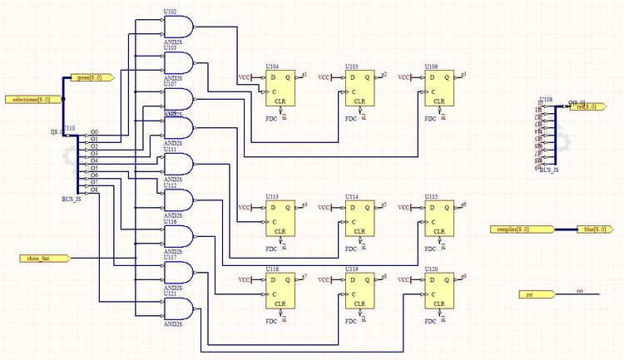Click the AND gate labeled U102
tap(180, 28)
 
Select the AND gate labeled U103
tap(180, 63)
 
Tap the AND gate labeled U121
tap(180, 308)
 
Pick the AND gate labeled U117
tap(180, 272)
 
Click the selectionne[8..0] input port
tap(33, 100)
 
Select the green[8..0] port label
tap(83, 78)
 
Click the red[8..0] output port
tap(587, 107)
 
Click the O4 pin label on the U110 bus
tap(94, 160)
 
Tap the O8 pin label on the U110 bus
tap(94, 190)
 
